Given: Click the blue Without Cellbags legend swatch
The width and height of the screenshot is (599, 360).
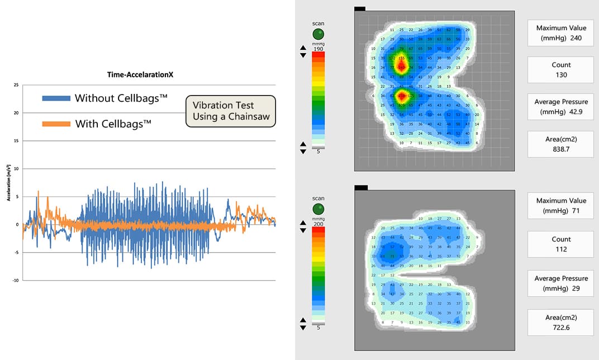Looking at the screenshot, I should coord(56,98).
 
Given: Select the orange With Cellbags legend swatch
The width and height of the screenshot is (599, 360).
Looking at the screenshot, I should coord(56,124).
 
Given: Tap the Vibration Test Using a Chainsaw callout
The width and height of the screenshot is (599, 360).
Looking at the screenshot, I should coord(231,111).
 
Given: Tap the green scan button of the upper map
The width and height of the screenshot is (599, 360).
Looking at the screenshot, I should coord(318,34).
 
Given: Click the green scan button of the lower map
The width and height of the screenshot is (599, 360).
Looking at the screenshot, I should coord(318,209).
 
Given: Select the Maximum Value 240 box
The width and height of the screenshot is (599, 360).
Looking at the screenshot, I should coord(560,33).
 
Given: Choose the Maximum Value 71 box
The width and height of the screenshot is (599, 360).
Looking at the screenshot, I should coord(560,205).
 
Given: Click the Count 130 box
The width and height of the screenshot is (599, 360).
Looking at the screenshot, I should coord(560,69).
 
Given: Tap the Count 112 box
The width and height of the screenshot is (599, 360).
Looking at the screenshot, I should coord(560,244).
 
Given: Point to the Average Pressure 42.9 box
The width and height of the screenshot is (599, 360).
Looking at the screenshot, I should coord(560,106).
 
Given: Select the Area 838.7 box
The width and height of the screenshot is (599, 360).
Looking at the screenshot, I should coord(560,144).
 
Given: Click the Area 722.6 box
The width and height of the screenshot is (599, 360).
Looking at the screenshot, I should coord(560,322).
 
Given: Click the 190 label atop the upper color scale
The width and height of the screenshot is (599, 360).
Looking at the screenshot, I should coord(318,49).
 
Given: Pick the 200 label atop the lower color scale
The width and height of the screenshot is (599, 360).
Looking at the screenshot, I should coord(318,224).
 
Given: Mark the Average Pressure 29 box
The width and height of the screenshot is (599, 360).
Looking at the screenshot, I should coord(560,283).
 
